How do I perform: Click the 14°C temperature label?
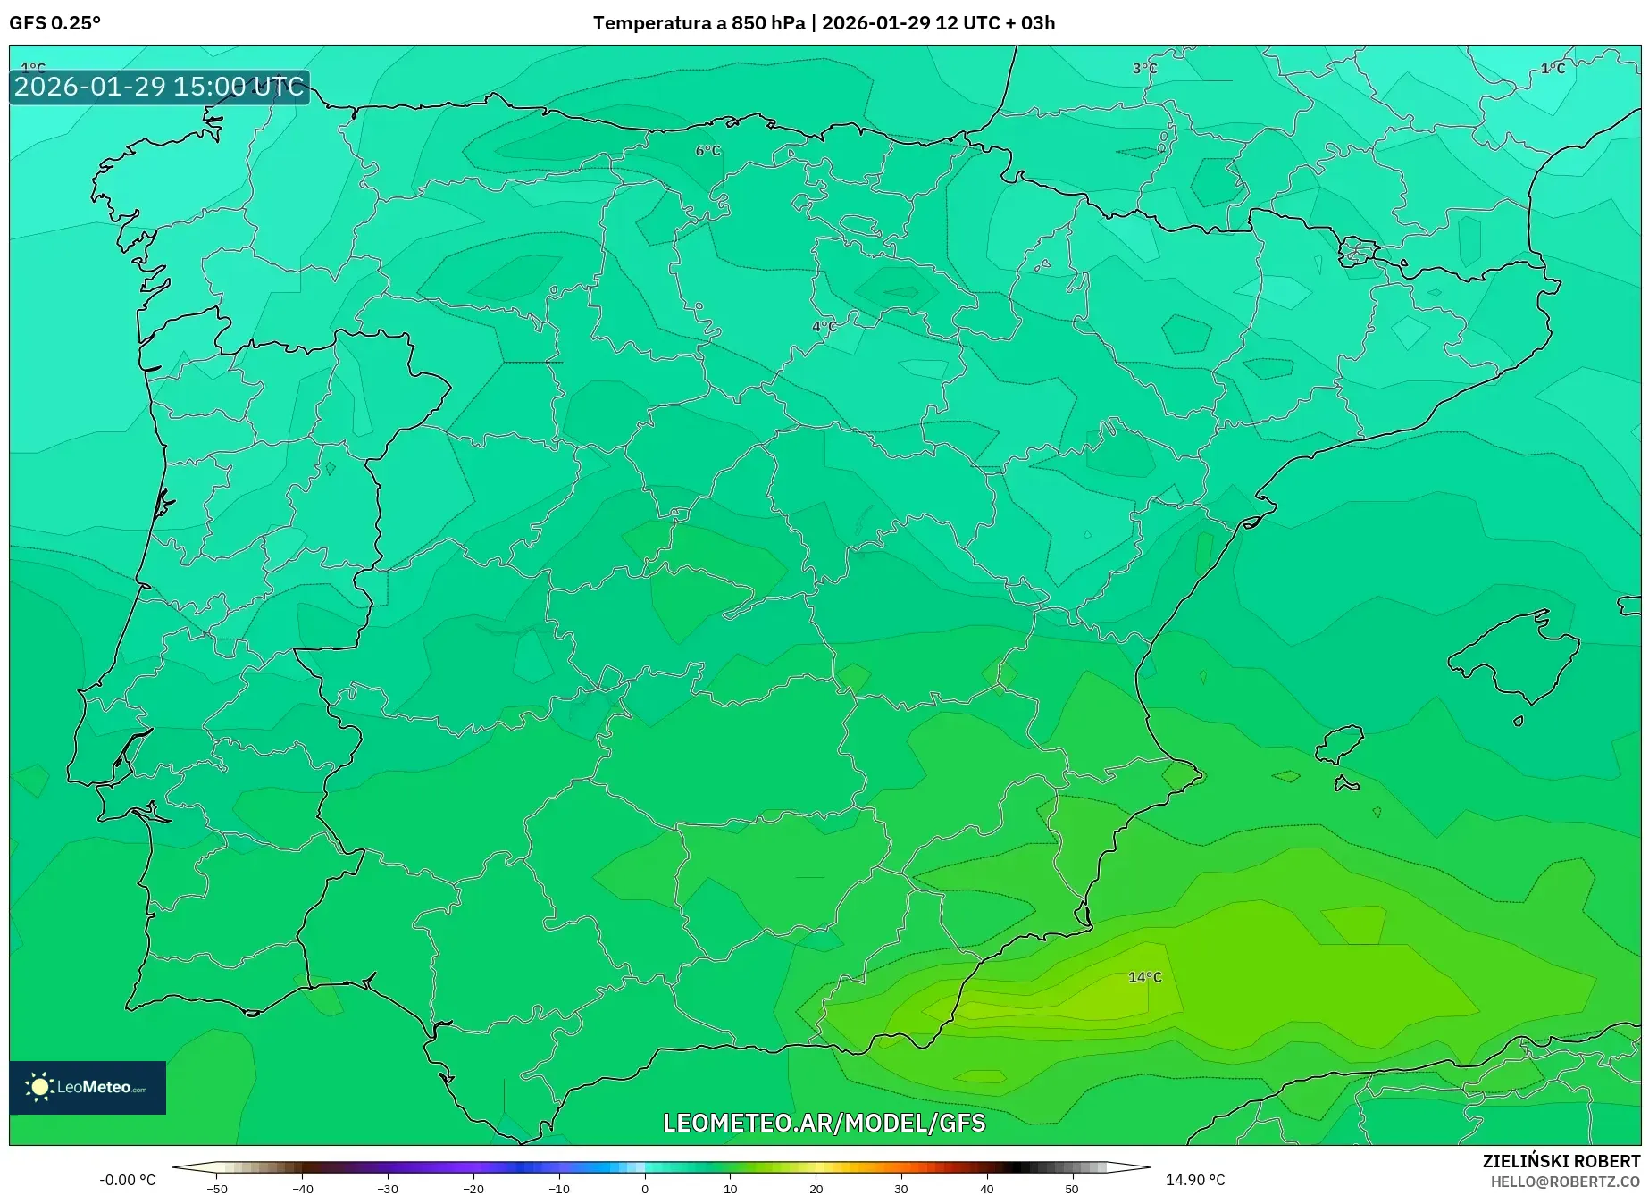tap(1144, 977)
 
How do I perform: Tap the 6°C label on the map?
tap(707, 151)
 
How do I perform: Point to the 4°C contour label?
tap(824, 326)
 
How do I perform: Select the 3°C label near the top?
tap(1144, 69)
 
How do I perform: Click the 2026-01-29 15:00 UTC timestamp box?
tap(159, 87)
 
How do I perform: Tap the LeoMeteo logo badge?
tap(88, 1087)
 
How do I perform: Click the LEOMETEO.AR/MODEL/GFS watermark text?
tap(824, 1123)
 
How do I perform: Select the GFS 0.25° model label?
tap(54, 23)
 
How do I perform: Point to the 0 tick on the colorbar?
tap(645, 1188)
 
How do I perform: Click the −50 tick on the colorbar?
tap(217, 1188)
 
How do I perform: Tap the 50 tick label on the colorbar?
tap(1072, 1188)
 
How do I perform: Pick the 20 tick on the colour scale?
tap(816, 1188)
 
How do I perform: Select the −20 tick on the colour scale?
tap(473, 1188)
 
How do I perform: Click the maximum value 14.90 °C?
tap(1194, 1180)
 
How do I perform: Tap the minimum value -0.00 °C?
tap(127, 1180)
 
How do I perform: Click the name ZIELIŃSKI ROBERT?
tap(1561, 1161)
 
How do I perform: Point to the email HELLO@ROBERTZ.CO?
tap(1565, 1182)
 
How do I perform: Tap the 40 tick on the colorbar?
tap(986, 1188)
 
